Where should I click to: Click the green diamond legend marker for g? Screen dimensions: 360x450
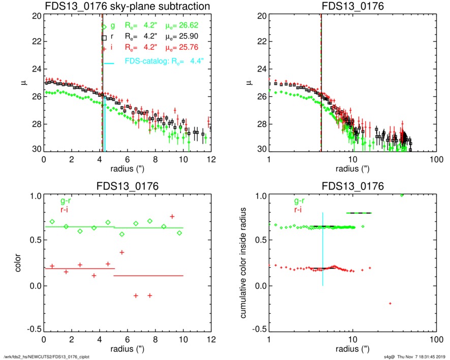click(x=104, y=27)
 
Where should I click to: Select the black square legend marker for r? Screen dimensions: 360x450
click(x=104, y=37)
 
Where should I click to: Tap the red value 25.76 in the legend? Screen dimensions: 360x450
click(x=186, y=47)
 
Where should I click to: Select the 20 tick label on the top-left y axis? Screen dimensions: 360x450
click(x=36, y=16)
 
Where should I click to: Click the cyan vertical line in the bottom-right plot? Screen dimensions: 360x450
click(x=322, y=249)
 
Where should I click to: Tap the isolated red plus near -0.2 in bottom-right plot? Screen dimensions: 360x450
click(x=390, y=304)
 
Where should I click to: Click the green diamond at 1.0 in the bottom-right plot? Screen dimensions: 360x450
click(x=402, y=195)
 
